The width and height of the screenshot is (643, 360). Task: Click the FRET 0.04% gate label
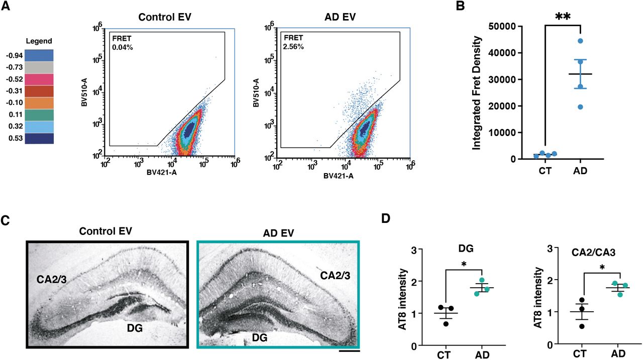(x=124, y=42)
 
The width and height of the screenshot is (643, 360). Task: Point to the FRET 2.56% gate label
(x=294, y=42)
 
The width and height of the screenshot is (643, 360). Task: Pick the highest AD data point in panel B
(x=580, y=41)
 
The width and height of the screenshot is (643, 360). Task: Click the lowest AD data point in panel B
(x=580, y=106)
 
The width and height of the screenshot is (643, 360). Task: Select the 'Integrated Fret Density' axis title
(x=477, y=92)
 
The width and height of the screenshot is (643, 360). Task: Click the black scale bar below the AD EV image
(x=349, y=351)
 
